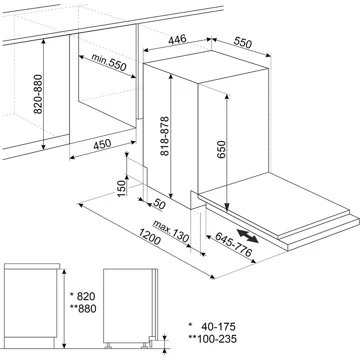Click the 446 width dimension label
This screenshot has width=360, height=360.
pos(177,40)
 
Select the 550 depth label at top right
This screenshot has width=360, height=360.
pos(242,43)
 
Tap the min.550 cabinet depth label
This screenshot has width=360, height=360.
pos(109,62)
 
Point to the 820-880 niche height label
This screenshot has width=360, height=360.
pos(38,94)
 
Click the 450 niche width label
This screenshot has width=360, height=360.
pos(102,145)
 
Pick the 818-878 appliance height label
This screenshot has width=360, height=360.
pos(164,136)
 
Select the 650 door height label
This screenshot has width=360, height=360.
pos(222,149)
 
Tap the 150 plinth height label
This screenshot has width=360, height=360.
pos(122,188)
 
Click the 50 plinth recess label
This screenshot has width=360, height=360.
pos(160,204)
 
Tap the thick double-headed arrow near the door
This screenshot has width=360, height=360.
pos(247,236)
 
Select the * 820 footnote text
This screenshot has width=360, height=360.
pos(83,296)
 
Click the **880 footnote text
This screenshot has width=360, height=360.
pos(83,309)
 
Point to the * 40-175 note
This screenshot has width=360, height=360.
pos(212,326)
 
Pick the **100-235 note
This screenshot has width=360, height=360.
pos(212,339)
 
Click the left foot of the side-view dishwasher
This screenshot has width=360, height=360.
pos(108,346)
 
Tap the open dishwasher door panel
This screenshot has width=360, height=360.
pos(274,202)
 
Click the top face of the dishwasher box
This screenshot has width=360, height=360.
pos(207,66)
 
